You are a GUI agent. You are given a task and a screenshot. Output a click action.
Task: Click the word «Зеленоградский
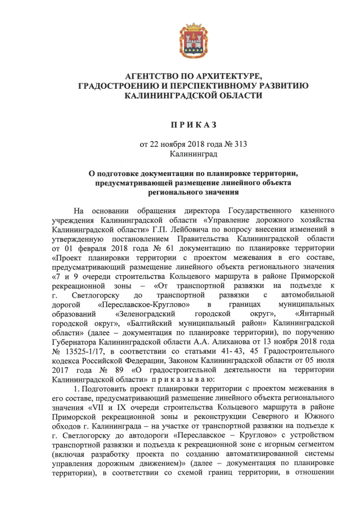pos(148,312)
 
